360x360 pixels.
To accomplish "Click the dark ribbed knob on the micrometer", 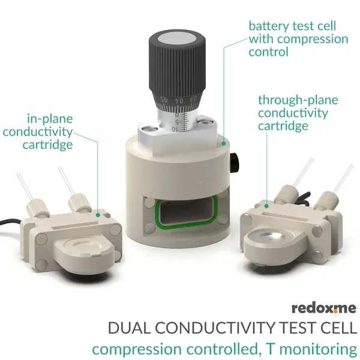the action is tap(177, 69).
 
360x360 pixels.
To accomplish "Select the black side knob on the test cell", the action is tap(235, 162).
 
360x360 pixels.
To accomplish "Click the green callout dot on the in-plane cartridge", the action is tap(98, 215).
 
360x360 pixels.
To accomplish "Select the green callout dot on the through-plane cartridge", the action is tap(266, 206).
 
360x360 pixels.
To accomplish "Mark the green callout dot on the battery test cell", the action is tap(223, 144).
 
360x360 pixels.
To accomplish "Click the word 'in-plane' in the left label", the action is tap(50, 119).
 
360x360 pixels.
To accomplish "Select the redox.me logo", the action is tap(324, 308).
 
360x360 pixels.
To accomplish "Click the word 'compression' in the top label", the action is tap(313, 40).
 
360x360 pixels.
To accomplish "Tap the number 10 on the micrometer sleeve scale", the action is tap(175, 129).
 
